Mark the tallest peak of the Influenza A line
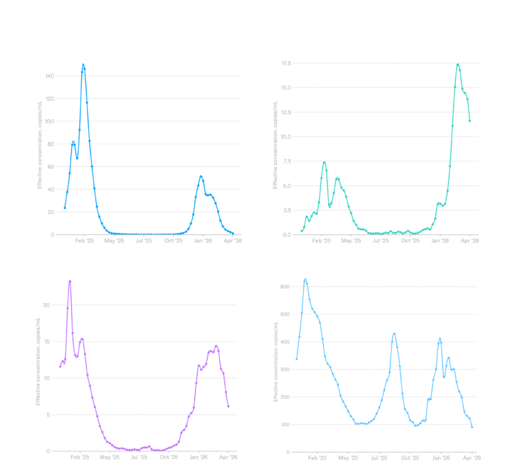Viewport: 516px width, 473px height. [x=83, y=64]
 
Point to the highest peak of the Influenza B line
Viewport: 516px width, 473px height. [x=458, y=65]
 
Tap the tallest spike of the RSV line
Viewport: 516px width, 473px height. [x=70, y=280]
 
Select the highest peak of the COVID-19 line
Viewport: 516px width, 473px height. [x=305, y=278]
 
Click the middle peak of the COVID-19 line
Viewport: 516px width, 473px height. [x=394, y=333]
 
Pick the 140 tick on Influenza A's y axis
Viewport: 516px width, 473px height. [x=50, y=76]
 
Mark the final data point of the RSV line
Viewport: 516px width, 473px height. [x=228, y=406]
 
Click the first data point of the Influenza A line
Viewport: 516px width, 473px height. [x=64, y=208]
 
